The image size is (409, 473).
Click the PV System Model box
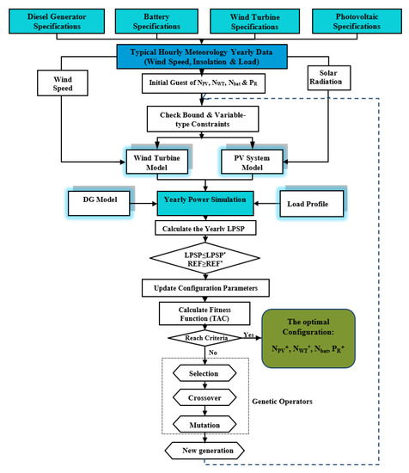coord(263,162)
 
